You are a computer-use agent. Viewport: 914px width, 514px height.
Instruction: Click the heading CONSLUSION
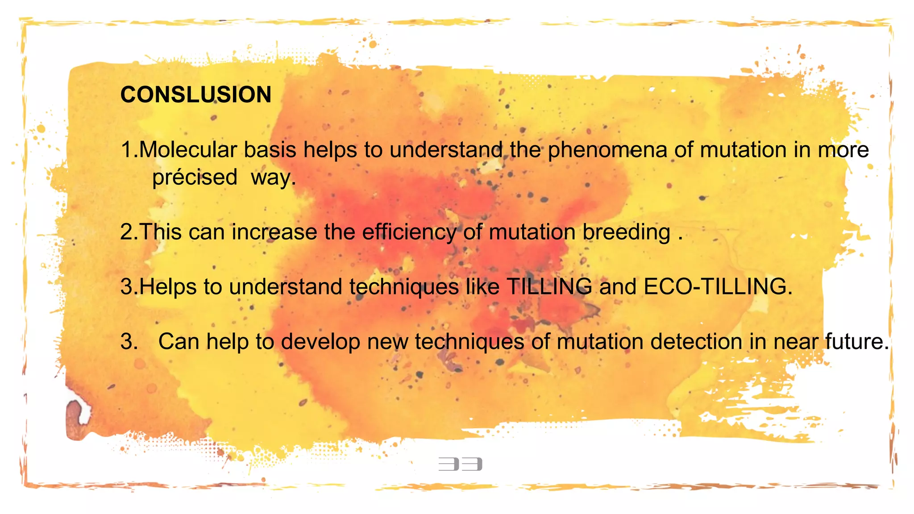tap(195, 95)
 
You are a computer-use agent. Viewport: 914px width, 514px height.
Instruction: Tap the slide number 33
tap(460, 464)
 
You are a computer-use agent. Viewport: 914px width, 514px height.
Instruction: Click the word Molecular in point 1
tap(188, 150)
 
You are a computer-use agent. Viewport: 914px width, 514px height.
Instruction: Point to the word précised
tap(195, 178)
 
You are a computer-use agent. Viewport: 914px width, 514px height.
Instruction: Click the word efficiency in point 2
tap(409, 232)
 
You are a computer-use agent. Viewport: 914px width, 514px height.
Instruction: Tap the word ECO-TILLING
tap(717, 287)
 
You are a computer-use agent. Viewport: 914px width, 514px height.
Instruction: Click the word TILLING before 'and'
tap(549, 287)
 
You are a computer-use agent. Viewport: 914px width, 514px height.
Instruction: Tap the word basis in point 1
tap(270, 150)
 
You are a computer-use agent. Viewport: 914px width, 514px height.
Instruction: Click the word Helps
tap(168, 287)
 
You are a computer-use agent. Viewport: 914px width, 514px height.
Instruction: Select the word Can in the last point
tap(179, 342)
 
